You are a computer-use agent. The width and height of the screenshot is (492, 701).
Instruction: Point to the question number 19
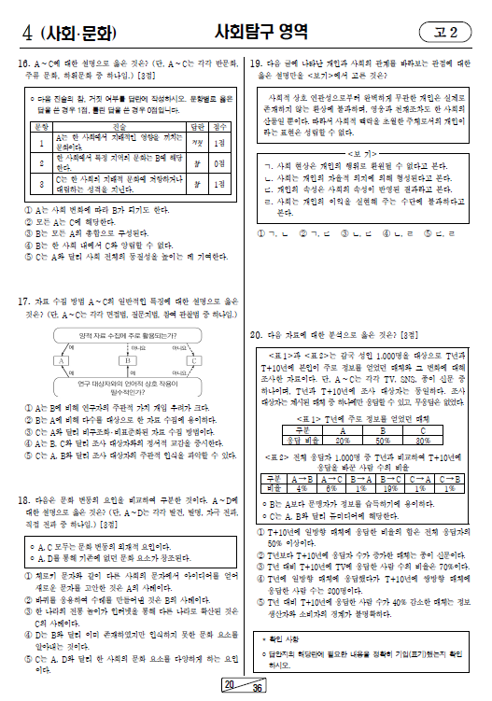tap(256, 63)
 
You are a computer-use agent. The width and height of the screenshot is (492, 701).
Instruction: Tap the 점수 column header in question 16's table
tap(220, 124)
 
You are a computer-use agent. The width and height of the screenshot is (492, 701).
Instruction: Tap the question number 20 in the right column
tap(256, 333)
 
